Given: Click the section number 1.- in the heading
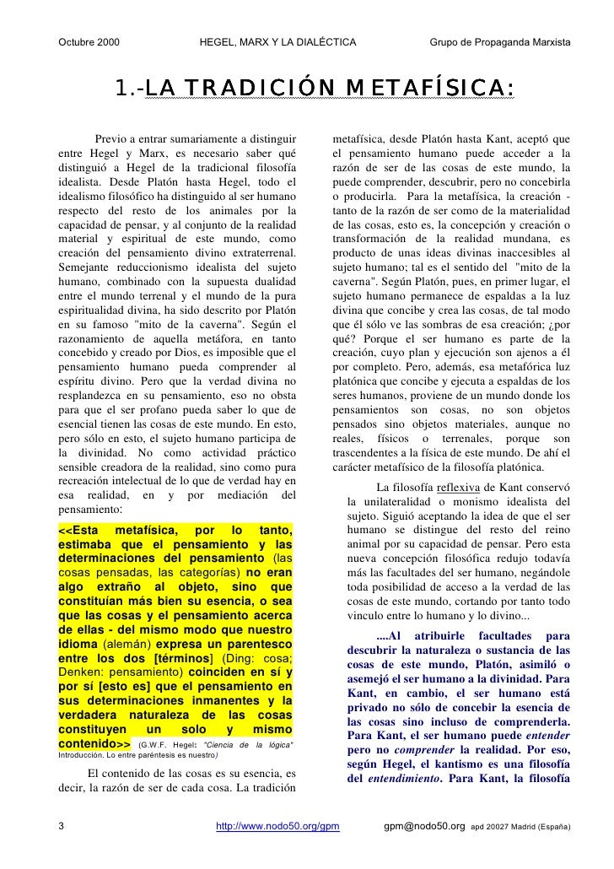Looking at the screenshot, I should point(130,89).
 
